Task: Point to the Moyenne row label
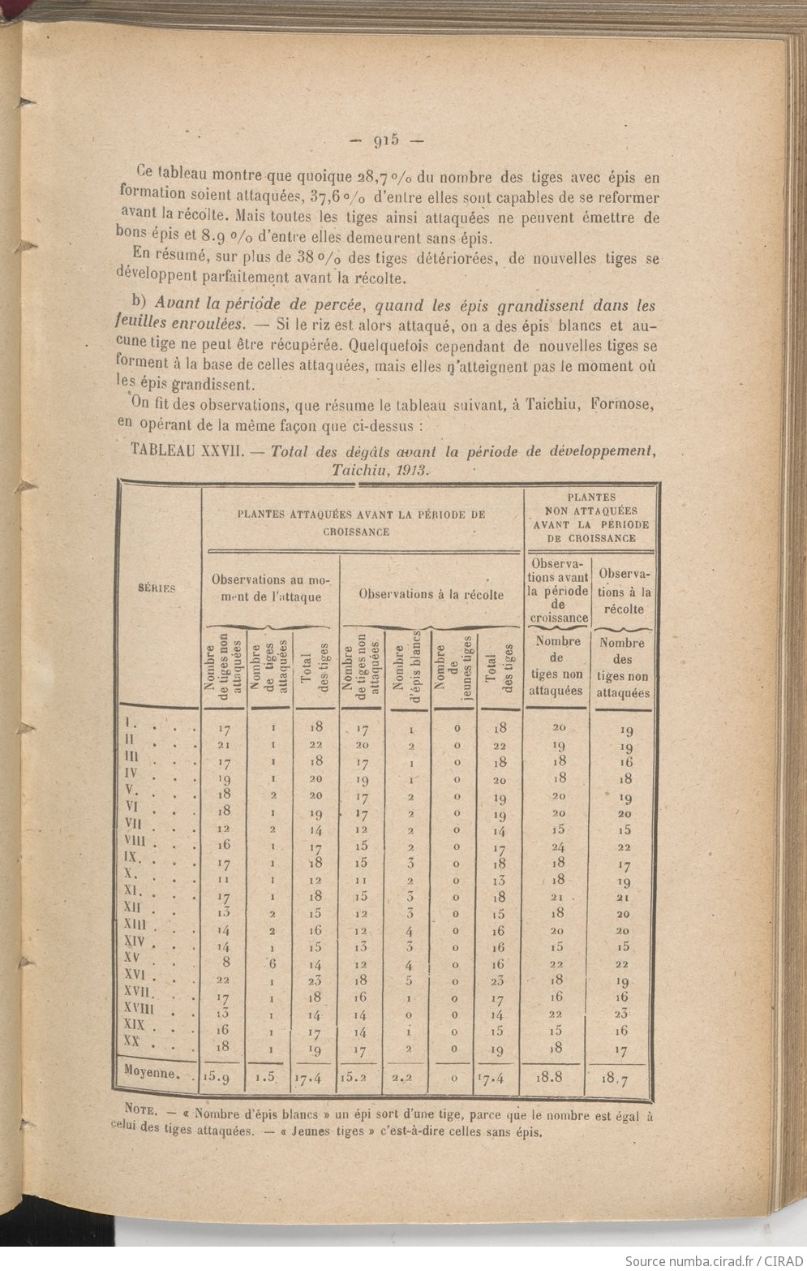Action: click(152, 1072)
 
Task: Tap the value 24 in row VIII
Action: click(558, 847)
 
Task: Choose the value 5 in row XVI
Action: click(410, 980)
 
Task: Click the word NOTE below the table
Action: click(147, 1110)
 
